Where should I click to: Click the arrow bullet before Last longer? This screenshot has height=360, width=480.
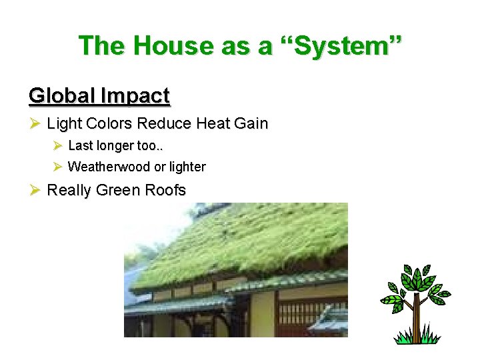[x=57, y=145]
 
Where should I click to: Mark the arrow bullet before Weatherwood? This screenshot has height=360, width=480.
[x=57, y=167]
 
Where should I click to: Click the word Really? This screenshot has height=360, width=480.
[x=69, y=191]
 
